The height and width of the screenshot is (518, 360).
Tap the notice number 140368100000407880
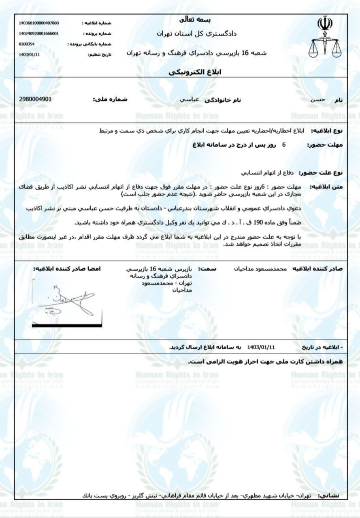[39, 23]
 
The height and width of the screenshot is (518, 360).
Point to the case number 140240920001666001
[39, 34]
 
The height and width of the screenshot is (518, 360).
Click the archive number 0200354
[27, 44]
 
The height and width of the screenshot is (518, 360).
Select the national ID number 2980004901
[36, 99]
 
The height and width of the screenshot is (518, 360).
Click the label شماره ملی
[111, 100]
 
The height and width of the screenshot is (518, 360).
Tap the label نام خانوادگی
[223, 100]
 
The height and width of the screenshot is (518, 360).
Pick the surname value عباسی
[189, 100]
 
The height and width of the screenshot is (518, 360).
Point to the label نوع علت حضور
[321, 173]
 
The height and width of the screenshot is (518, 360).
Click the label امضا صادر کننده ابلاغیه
[67, 269]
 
